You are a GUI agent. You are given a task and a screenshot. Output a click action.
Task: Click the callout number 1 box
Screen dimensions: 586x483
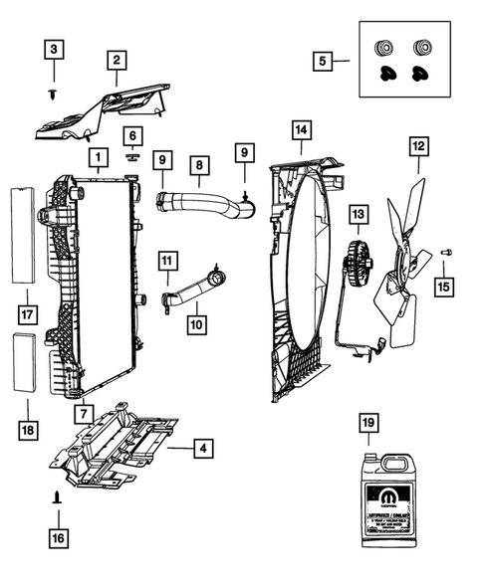coord(97,156)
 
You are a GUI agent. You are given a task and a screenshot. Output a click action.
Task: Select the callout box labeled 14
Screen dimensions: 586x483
coord(301,129)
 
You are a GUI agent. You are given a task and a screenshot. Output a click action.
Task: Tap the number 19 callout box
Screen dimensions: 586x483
coord(368,425)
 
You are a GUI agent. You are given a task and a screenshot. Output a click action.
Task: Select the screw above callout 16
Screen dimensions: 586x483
coord(57,493)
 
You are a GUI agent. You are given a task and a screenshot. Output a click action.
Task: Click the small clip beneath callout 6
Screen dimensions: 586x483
coord(132,155)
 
